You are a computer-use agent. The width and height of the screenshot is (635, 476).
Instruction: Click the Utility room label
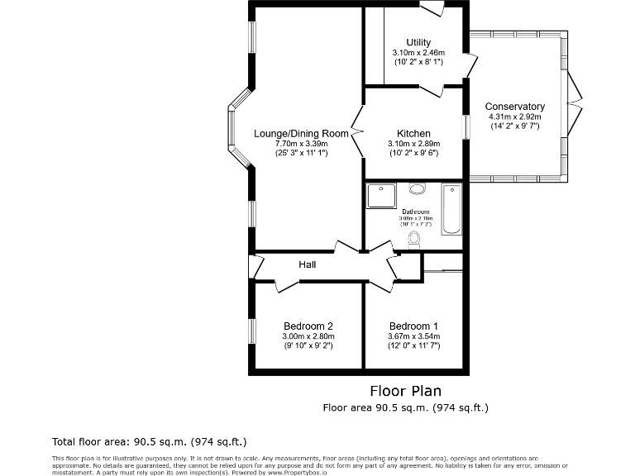point(418,43)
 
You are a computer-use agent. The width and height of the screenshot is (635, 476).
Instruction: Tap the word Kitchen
point(413,134)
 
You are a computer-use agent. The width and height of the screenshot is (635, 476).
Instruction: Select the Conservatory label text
point(514,107)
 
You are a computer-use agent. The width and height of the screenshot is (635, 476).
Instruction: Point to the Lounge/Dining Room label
point(301,134)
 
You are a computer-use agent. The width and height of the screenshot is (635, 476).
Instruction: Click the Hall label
point(308,264)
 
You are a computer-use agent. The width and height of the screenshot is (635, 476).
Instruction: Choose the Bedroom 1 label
point(413,326)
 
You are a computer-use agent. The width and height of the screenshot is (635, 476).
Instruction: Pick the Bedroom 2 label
point(308,326)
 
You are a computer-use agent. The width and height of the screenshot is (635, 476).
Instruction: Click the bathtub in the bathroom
point(452,209)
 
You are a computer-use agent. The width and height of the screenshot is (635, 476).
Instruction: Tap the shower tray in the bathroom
point(381,198)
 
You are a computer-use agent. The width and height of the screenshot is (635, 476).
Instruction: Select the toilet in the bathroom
point(414,239)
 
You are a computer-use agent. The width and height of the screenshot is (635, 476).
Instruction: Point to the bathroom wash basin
point(418,188)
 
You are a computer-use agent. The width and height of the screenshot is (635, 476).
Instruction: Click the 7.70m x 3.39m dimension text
point(302,144)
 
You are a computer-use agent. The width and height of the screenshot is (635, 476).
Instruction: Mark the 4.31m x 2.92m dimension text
point(514,117)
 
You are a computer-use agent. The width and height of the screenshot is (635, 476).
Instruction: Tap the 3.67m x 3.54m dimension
point(413,336)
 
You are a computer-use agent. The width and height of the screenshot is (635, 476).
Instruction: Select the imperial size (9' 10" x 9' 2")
point(308,345)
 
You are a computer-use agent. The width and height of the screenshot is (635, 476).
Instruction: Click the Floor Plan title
point(405,391)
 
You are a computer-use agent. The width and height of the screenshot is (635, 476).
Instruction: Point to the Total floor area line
point(149,441)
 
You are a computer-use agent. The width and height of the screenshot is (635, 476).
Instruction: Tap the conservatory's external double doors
point(573,105)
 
